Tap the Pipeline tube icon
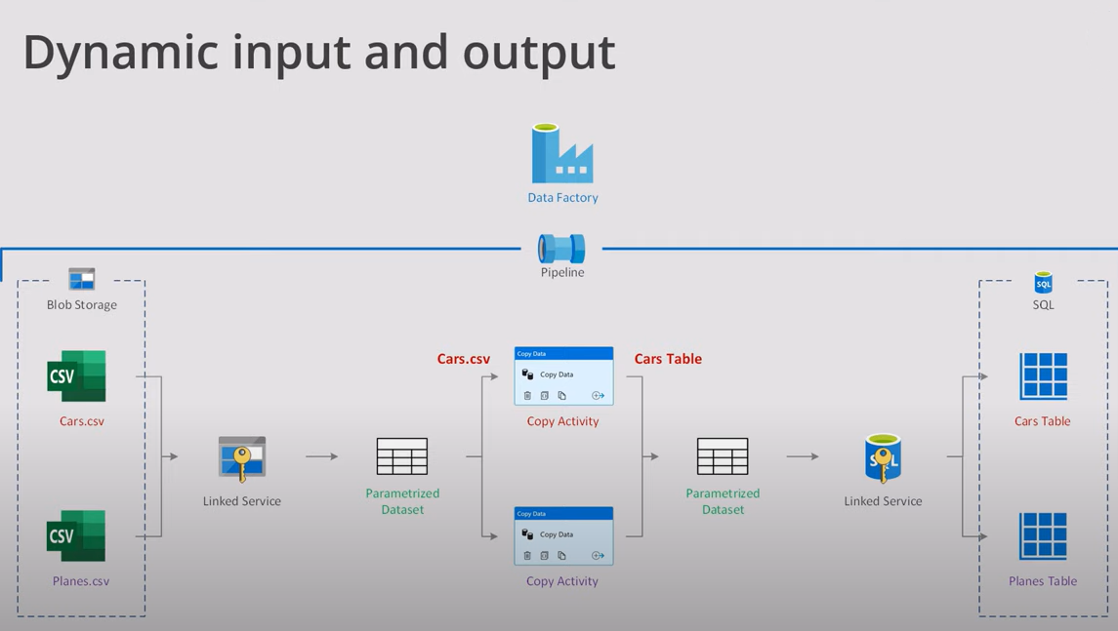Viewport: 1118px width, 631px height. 561,249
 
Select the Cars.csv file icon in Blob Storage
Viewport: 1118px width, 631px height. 76,376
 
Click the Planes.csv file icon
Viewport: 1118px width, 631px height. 76,535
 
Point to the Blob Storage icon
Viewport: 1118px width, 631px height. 82,279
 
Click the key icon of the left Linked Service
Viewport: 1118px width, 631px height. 241,458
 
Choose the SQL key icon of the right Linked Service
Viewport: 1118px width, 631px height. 883,458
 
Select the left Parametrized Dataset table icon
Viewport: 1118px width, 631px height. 402,456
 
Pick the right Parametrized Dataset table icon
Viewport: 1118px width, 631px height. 723,456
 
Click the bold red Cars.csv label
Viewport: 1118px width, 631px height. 464,359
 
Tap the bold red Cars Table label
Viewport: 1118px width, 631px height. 668,359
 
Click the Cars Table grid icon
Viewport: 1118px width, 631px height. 1043,376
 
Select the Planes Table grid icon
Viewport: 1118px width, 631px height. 1043,535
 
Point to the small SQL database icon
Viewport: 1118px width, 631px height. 1043,283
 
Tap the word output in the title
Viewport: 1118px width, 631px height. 539,53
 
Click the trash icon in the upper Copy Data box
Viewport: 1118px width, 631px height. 527,396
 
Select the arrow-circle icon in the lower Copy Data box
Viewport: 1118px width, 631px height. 598,556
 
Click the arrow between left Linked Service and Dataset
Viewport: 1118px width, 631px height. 321,456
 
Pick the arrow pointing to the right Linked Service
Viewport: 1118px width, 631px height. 803,456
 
